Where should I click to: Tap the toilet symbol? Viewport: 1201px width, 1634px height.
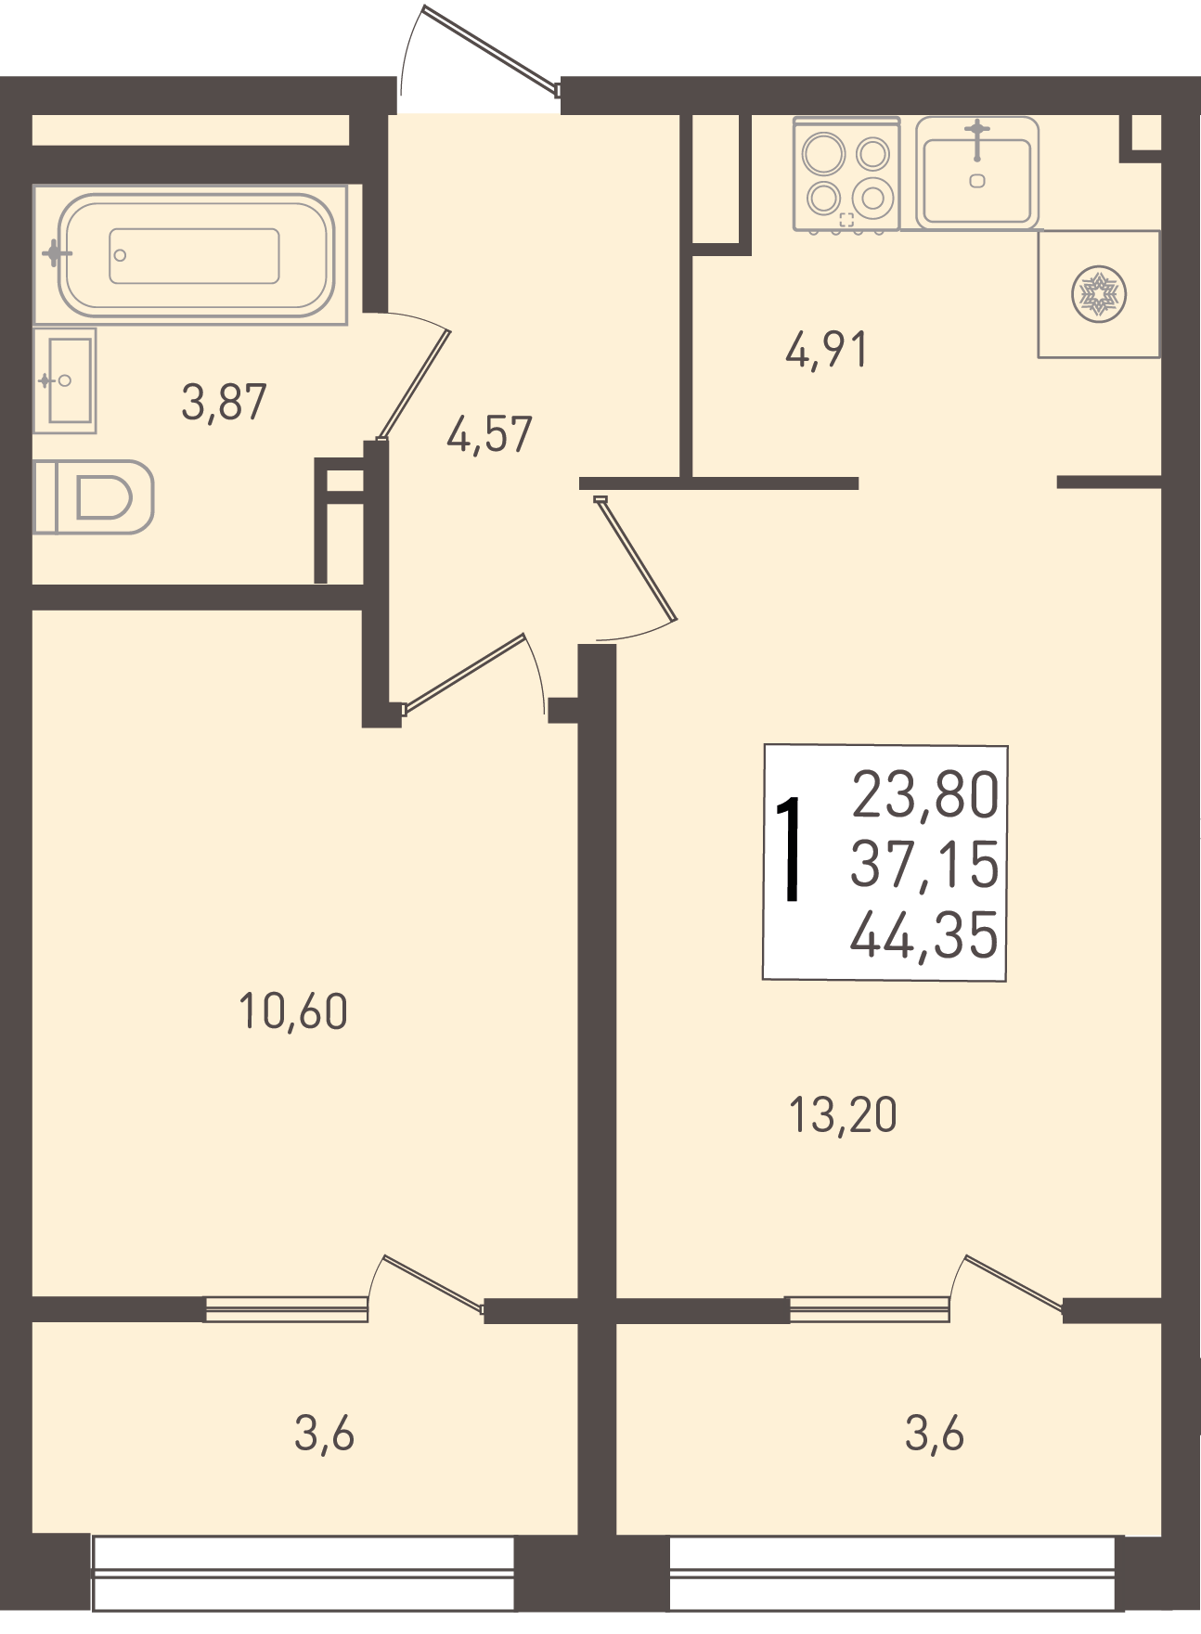pyautogui.click(x=94, y=497)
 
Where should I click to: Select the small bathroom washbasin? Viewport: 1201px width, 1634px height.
pyautogui.click(x=65, y=380)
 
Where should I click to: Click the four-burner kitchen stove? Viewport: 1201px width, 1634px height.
pyautogui.click(x=846, y=174)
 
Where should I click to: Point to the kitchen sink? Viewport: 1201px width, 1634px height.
pyautogui.click(x=977, y=174)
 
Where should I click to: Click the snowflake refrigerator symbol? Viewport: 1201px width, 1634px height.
pyautogui.click(x=1099, y=294)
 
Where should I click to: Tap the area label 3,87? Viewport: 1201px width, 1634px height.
pyautogui.click(x=224, y=403)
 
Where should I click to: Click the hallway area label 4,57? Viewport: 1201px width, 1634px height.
pyautogui.click(x=489, y=434)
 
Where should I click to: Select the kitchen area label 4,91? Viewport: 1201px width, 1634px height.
pyautogui.click(x=826, y=351)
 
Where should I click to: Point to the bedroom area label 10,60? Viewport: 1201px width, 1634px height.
pyautogui.click(x=293, y=1011)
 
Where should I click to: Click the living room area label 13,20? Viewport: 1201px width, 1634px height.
pyautogui.click(x=843, y=1115)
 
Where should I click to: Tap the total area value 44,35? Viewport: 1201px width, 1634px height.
pyautogui.click(x=924, y=934)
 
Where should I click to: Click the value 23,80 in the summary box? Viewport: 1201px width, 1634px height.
pyautogui.click(x=925, y=795)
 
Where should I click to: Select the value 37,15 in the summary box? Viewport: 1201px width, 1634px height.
pyautogui.click(x=924, y=864)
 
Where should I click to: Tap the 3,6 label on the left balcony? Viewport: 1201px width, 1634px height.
pyautogui.click(x=324, y=1435)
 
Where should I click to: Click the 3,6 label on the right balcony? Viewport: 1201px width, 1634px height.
pyautogui.click(x=935, y=1435)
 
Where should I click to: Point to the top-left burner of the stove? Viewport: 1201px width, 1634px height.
pyautogui.click(x=824, y=153)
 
